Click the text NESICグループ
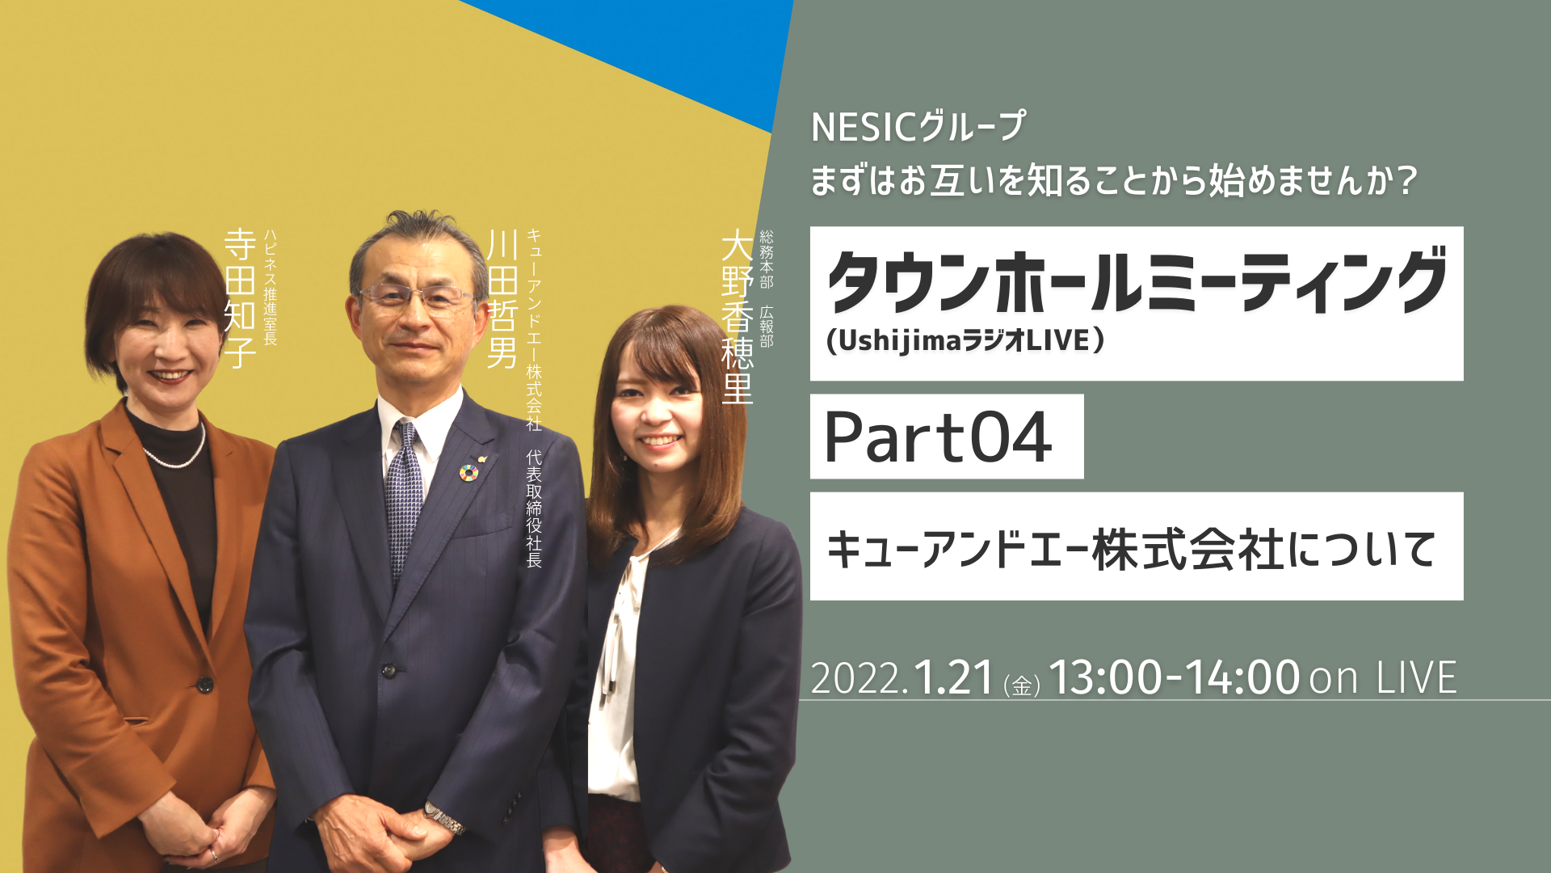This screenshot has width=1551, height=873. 918,127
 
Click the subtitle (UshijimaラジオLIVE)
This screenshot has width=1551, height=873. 965,340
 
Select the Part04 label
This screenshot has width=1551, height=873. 938,436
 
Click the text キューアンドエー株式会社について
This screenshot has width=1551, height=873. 1131,549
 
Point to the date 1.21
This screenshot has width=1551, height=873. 953,677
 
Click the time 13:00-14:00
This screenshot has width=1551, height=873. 1174,677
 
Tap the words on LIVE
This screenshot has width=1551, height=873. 1383,677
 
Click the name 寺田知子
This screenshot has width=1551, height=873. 240,298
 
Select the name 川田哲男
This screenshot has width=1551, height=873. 502,298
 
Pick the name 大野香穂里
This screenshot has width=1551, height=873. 737,316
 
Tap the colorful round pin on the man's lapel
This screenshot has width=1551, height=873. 468,472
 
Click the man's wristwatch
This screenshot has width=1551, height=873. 443,818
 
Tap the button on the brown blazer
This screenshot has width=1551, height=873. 205,684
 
